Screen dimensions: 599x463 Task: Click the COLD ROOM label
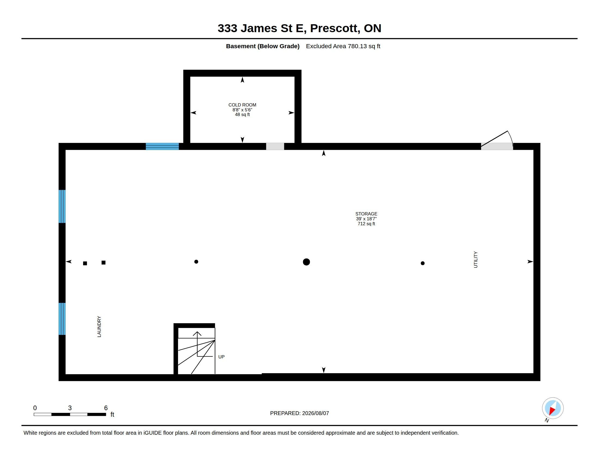(242, 105)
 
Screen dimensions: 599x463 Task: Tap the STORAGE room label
(366, 214)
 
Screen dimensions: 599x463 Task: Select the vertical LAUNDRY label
(99, 326)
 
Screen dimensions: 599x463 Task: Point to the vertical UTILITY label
(476, 260)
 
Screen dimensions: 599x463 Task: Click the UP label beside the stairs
(221, 357)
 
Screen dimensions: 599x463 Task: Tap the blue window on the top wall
(162, 146)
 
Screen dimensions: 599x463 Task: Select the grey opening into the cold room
(275, 147)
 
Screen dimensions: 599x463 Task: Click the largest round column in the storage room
(306, 262)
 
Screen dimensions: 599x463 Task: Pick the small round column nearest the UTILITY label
(423, 263)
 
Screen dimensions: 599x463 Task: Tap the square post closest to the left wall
(85, 263)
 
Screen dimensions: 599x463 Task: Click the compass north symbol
(553, 408)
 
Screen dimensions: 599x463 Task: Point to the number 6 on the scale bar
(106, 408)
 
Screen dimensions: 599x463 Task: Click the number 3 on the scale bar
(70, 408)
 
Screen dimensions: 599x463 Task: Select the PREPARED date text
(299, 413)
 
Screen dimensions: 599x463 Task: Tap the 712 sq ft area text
(366, 224)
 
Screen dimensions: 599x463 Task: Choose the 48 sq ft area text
(242, 115)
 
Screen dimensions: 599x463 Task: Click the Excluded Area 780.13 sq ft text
(343, 46)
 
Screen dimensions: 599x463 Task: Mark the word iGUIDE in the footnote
(152, 433)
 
